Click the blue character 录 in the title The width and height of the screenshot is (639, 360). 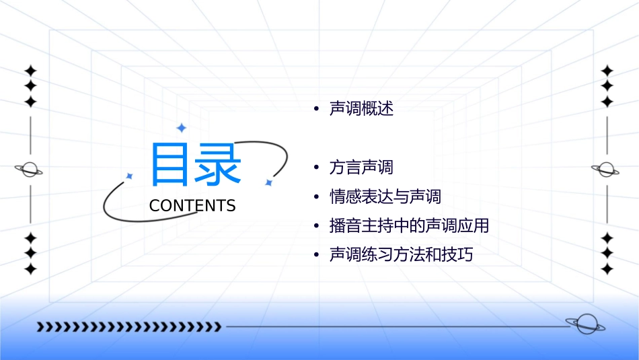218,166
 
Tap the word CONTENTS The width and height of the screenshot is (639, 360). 192,206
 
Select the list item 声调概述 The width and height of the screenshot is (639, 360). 361,109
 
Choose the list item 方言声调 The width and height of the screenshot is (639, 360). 361,167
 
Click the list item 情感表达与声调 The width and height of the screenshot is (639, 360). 385,196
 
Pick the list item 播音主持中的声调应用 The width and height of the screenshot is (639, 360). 409,225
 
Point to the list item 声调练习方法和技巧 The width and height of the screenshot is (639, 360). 401,255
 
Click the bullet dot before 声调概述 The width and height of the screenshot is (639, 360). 316,110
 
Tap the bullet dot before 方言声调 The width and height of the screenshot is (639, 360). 316,168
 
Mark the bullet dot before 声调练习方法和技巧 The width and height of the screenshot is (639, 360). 316,256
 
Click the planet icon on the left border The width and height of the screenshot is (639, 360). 30,170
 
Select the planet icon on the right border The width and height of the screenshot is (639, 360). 606,170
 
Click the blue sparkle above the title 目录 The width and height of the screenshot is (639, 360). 181,128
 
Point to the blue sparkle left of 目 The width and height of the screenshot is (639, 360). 130,176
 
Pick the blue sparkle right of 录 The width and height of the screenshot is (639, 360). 268,182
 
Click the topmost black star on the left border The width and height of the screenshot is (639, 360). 30,71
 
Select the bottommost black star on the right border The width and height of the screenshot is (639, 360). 607,269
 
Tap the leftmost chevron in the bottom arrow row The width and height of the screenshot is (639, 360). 40,327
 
